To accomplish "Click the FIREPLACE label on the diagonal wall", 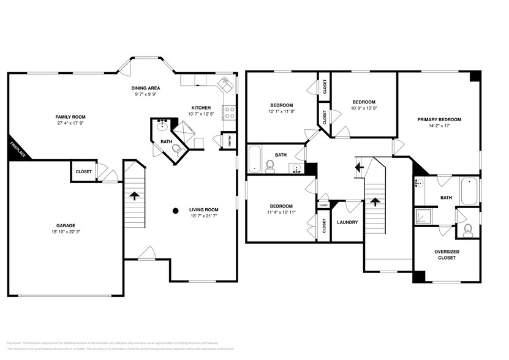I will click(17, 149).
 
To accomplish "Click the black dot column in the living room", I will click(175, 211).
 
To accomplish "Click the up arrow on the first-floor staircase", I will click(134, 196).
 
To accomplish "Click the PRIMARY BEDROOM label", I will click(439, 119).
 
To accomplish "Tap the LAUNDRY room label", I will click(347, 222).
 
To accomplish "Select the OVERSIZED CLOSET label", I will click(447, 254).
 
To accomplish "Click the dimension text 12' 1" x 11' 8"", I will click(282, 111).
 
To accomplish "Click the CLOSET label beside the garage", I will click(84, 171).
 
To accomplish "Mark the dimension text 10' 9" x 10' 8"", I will click(364, 108).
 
